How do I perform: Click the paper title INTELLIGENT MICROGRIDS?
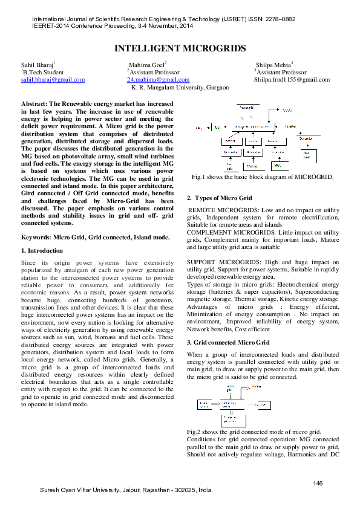(180, 48)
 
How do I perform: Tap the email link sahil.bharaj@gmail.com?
(53, 80)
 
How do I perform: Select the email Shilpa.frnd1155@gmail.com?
(292, 80)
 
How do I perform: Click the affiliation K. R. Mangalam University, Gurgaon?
(180, 88)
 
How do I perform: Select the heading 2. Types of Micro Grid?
(220, 198)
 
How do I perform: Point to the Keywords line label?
(36, 238)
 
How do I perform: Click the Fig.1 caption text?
(262, 177)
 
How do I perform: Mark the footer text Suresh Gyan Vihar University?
(126, 490)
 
